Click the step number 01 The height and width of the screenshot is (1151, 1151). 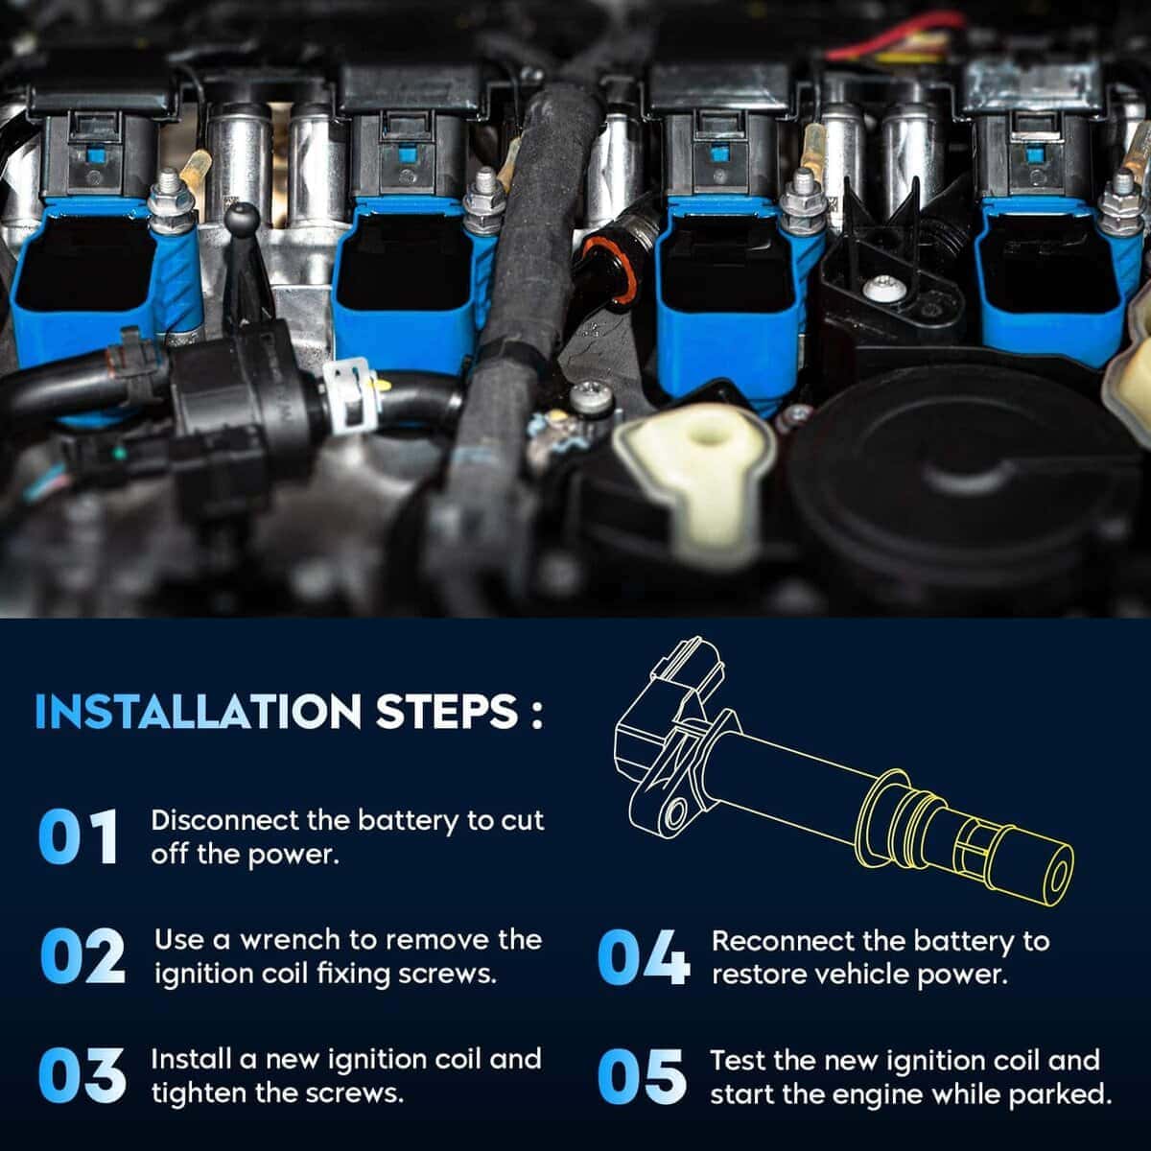(78, 836)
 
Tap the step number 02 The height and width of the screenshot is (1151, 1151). (82, 956)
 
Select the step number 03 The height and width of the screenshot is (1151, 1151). (82, 1075)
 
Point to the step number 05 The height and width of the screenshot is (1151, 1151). (642, 1076)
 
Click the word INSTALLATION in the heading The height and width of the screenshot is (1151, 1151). (198, 712)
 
